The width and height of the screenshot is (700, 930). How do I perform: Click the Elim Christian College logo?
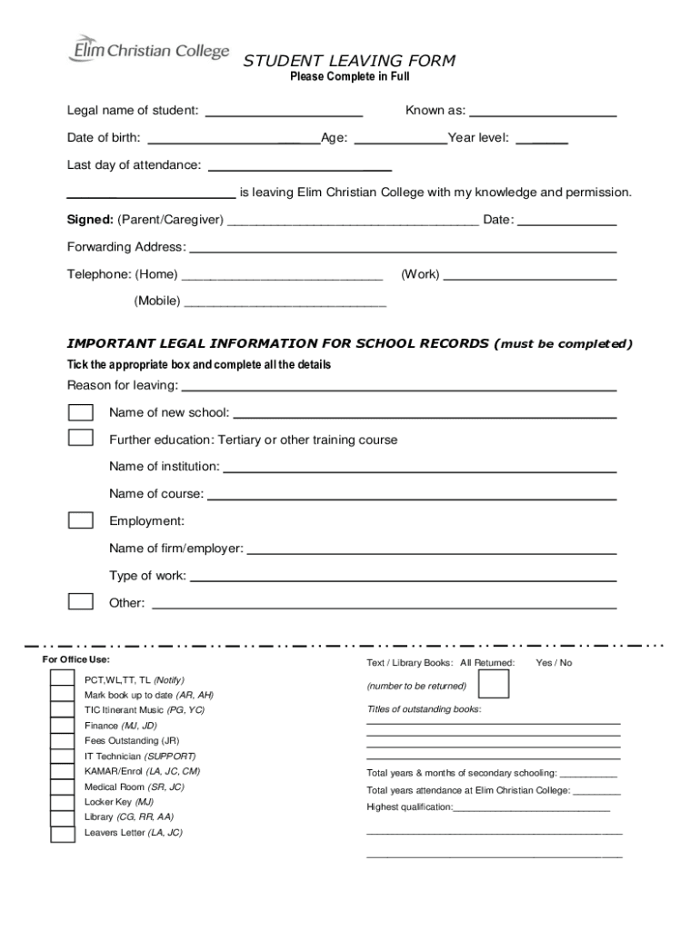148,50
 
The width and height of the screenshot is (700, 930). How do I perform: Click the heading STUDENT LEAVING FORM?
348,61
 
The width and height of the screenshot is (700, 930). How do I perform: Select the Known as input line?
543,114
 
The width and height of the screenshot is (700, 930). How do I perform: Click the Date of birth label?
104,138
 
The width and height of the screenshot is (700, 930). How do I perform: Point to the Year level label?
478,138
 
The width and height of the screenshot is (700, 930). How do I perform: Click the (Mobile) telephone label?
157,301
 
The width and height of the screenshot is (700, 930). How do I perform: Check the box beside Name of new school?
81,412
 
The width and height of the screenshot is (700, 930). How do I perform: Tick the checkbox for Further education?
81,438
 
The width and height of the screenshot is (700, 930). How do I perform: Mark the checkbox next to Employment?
81,520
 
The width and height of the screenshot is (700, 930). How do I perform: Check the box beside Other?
81,601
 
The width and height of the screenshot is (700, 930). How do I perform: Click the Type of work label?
147,576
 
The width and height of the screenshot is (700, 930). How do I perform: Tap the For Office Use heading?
76,659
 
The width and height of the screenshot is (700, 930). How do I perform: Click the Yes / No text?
555,663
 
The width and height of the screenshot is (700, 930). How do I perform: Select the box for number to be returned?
494,686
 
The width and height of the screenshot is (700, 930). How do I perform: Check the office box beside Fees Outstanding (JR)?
62,740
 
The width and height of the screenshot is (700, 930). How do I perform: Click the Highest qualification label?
409,807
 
